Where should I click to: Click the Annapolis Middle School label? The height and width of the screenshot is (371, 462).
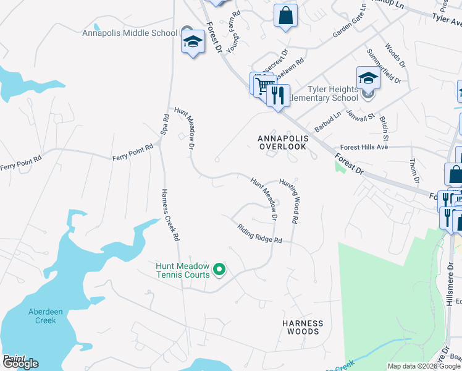[x=130, y=33]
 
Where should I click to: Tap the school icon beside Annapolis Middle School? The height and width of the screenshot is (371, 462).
[x=193, y=42]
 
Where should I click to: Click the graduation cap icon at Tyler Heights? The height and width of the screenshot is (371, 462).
[x=367, y=79]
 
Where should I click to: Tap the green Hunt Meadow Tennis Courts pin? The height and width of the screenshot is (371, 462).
[x=219, y=270]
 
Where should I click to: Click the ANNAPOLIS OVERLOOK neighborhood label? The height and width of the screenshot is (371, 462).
[x=282, y=142]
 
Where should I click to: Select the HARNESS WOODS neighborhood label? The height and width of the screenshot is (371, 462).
[x=303, y=327]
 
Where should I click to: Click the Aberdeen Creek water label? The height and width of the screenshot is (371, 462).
[x=46, y=316]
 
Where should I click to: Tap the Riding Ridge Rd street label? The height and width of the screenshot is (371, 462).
[x=259, y=233]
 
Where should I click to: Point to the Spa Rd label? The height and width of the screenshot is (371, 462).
[x=165, y=125]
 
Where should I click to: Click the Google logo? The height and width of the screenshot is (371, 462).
[x=20, y=364]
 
